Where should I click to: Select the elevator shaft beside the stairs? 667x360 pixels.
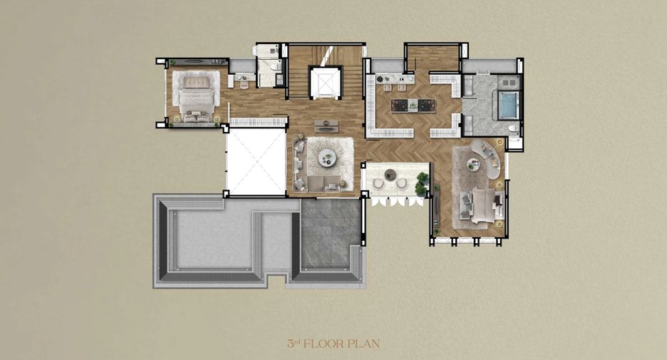[326, 82]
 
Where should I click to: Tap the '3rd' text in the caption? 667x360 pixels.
[293, 344]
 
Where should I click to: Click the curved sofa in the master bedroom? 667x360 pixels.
[487, 158]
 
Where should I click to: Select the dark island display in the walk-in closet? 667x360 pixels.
[413, 105]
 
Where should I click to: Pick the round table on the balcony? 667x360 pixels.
[390, 174]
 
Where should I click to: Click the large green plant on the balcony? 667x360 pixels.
[422, 184]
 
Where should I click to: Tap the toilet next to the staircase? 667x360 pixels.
[274, 66]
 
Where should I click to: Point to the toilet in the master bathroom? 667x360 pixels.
[514, 128]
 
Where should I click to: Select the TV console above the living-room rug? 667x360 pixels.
[326, 126]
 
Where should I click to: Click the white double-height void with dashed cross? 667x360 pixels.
[256, 161]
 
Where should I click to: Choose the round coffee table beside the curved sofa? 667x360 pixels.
[472, 163]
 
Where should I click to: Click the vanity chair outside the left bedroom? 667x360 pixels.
[244, 84]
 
